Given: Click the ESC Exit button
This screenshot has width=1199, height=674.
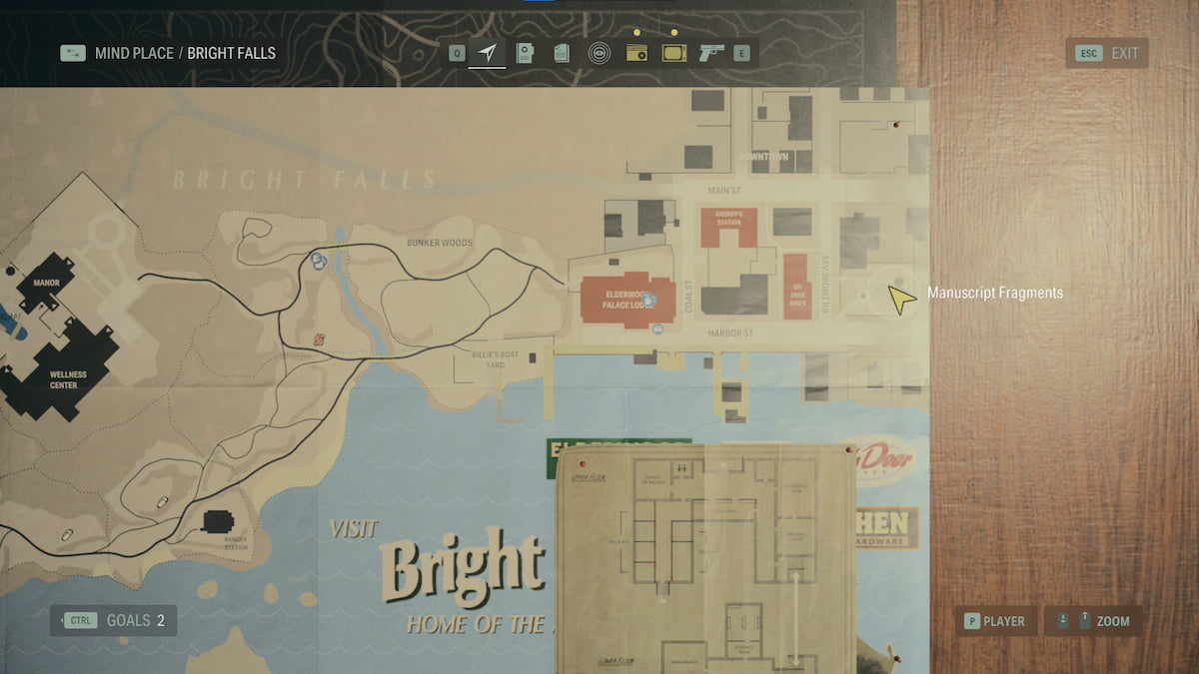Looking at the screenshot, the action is pos(1107,53).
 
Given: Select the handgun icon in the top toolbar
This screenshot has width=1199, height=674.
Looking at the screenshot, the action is pos(711,53).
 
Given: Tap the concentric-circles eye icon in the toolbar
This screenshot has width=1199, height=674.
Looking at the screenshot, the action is pos(599,53).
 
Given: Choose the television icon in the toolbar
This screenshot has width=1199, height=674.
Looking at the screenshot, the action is pos(674,53).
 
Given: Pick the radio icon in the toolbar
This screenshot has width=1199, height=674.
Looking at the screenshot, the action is pos(636,53).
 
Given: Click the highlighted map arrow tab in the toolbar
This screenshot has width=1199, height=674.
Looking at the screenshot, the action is pos(488,53).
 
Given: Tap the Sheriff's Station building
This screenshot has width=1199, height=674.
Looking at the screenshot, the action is pos(728,226).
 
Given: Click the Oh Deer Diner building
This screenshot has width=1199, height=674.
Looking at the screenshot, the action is pos(795,287).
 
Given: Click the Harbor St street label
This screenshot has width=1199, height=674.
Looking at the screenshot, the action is pos(730,334).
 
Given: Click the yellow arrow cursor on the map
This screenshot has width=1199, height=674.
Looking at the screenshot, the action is pos(901,299).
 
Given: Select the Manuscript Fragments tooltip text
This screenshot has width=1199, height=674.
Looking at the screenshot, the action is pos(994,293).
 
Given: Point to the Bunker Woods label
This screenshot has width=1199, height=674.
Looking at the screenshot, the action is pos(440,243).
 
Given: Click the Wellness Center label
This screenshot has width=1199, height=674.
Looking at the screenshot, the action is pos(63,379).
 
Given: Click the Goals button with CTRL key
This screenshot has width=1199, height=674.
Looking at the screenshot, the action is pos(113,620).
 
